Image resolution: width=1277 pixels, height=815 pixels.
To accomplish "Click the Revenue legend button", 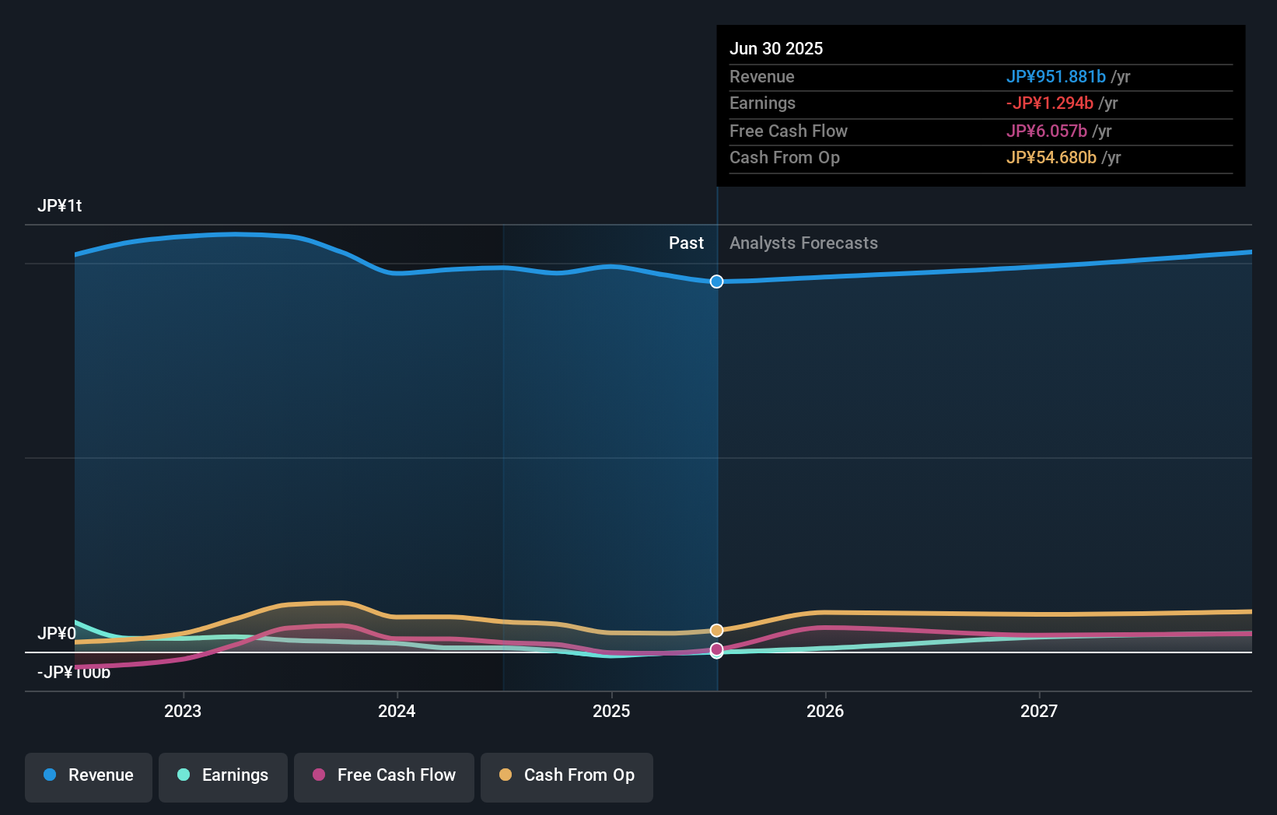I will pyautogui.click(x=89, y=775).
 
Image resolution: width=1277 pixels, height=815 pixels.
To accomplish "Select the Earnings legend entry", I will pyautogui.click(x=223, y=775).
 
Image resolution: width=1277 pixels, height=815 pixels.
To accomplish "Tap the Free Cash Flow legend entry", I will pyautogui.click(x=384, y=775).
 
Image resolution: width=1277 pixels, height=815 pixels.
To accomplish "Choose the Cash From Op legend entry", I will pyautogui.click(x=567, y=775).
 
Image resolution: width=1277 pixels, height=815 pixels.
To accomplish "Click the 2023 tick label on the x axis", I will pyautogui.click(x=183, y=711).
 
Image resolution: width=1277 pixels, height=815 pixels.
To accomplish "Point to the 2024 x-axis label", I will pyautogui.click(x=397, y=711).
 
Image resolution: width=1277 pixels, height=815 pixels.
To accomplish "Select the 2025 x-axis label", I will pyautogui.click(x=611, y=711).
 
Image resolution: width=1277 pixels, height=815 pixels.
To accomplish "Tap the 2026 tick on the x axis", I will pyautogui.click(x=825, y=711).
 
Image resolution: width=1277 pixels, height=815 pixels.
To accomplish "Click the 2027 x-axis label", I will pyautogui.click(x=1039, y=711).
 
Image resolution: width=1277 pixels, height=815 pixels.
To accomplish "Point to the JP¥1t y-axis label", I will pyautogui.click(x=60, y=205).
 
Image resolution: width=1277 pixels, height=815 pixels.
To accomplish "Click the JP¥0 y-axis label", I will pyautogui.click(x=57, y=633).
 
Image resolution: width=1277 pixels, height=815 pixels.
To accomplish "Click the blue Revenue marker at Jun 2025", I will pyautogui.click(x=716, y=282).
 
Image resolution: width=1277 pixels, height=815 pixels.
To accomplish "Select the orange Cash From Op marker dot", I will pyautogui.click(x=716, y=630).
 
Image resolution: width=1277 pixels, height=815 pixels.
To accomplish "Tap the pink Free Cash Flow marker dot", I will pyautogui.click(x=716, y=649).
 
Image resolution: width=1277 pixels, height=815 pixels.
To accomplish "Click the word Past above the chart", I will pyautogui.click(x=686, y=243).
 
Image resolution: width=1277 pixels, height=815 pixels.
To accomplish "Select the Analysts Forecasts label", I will pyautogui.click(x=803, y=243).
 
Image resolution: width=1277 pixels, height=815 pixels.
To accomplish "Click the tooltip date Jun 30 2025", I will pyautogui.click(x=776, y=48).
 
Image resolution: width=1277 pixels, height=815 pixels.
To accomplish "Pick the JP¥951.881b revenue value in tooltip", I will pyautogui.click(x=1055, y=76).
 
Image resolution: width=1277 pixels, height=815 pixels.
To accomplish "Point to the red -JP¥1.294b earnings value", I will pyautogui.click(x=1049, y=103).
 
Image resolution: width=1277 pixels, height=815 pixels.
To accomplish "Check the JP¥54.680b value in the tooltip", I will pyautogui.click(x=1051, y=157).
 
